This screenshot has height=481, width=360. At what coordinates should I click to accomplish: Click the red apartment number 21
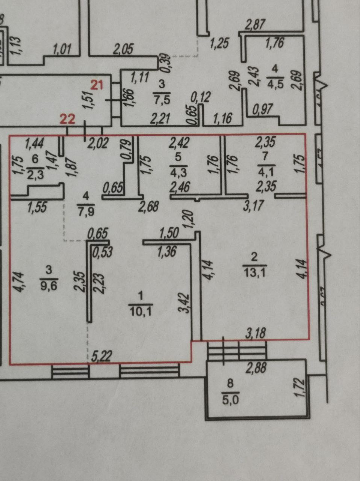(97, 85)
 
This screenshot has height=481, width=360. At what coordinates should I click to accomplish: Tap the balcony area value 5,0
(230, 399)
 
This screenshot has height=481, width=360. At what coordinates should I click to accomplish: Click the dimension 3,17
(252, 206)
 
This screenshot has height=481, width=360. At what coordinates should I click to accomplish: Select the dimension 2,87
(255, 26)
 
